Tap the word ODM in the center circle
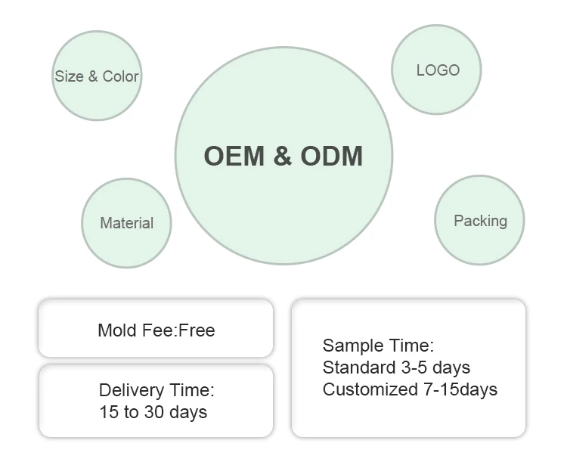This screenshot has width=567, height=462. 332,156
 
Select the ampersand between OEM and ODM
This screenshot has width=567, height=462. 282,156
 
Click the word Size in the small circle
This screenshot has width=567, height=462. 69,76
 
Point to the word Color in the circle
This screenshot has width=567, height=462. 121,76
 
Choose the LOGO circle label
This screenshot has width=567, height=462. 438,70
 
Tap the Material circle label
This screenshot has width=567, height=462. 126,223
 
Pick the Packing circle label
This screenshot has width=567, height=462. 480,221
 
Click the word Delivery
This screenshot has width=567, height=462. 131,391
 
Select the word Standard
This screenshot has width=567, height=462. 355,367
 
